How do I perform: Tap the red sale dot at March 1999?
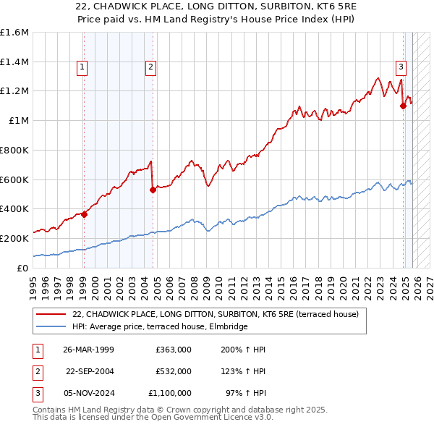85,213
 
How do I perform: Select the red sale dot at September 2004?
153,190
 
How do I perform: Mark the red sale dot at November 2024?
403,106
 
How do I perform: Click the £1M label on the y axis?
20,121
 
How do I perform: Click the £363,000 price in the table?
174,350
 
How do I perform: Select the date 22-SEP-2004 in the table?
90,371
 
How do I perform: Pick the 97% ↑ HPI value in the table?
245,393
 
